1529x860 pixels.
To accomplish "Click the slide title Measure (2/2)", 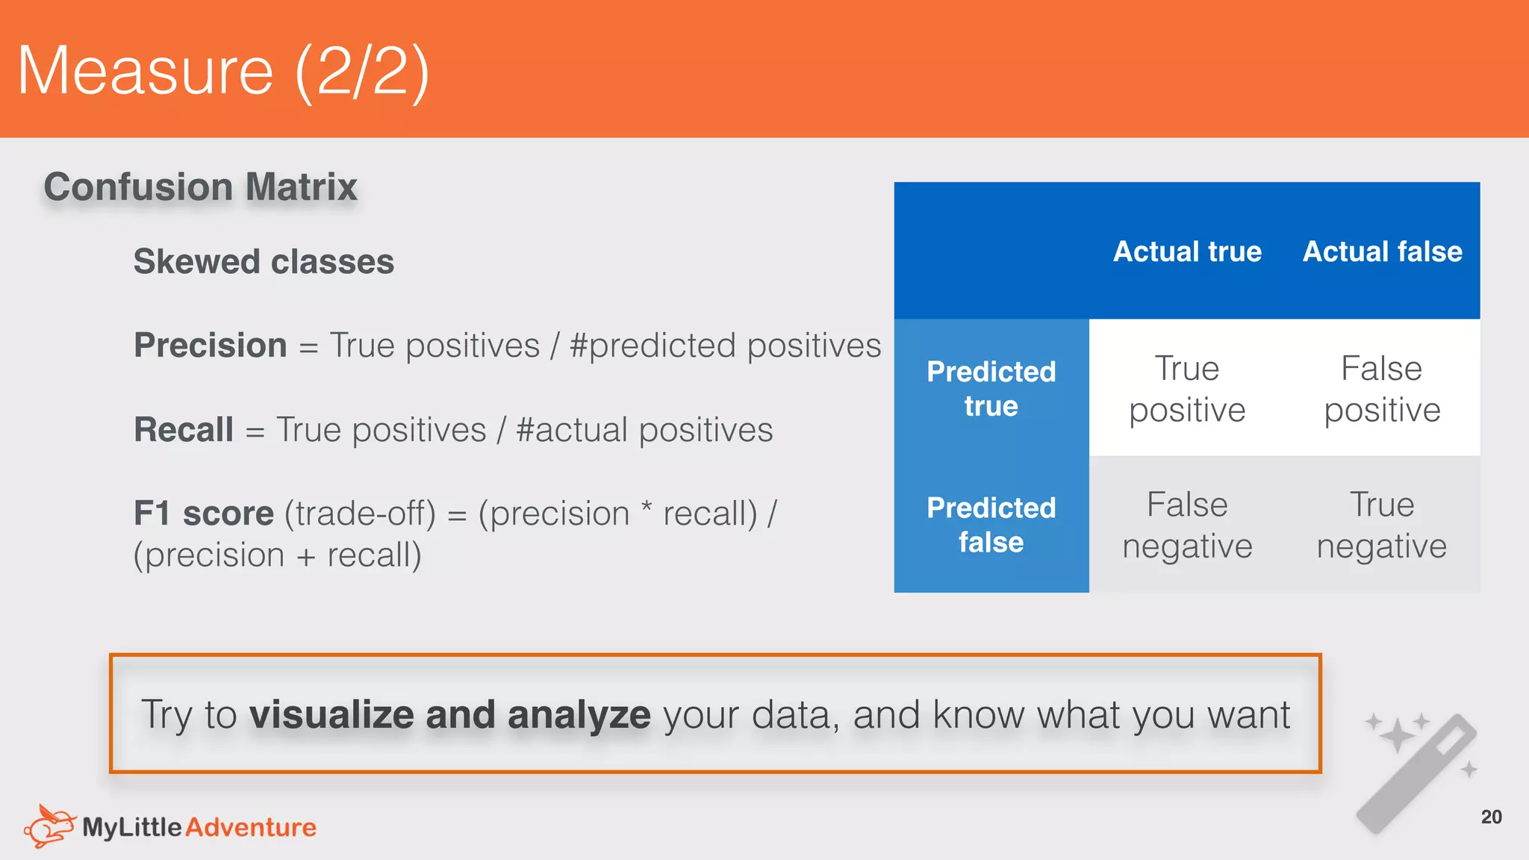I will [222, 71].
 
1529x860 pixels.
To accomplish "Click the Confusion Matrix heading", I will [200, 187].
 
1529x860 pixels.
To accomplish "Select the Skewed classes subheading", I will [264, 262].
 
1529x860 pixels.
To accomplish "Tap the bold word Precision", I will [210, 346].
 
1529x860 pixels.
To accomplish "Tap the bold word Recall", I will [184, 430].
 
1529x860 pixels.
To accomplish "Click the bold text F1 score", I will [203, 514].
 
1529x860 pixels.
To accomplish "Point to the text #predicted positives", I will [725, 346].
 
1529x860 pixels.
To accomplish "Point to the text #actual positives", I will [644, 430].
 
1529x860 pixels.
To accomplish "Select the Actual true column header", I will [1187, 252].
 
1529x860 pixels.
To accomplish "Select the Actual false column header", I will [1382, 252].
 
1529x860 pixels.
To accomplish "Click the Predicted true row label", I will [991, 388].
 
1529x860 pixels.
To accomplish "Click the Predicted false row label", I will [991, 525].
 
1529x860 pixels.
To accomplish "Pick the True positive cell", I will [1187, 389].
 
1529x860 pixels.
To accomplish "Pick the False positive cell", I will [1382, 389].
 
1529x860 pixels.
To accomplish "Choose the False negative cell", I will [1187, 525].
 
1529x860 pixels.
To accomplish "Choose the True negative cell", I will [1382, 525].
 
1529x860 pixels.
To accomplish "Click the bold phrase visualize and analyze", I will [449, 714].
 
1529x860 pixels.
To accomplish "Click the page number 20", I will [1491, 817].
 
